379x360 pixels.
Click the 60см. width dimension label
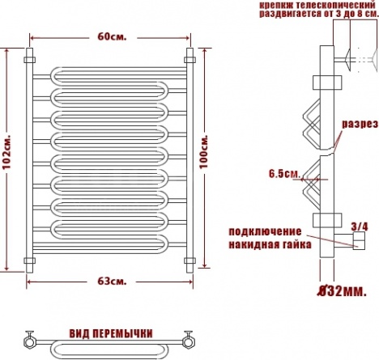(112, 36)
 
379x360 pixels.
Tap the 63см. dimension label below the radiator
(112, 282)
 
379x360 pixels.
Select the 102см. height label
(6, 152)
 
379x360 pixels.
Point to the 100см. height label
(204, 151)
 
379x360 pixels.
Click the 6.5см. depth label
(284, 174)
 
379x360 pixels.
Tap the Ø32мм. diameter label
(342, 291)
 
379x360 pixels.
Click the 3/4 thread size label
(360, 227)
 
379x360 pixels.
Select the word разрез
(360, 125)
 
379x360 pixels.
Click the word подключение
(265, 231)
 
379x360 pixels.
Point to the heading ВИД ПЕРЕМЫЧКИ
(111, 333)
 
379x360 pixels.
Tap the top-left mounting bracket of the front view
(29, 60)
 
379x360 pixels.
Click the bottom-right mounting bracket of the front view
(189, 260)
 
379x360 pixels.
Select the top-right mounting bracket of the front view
(189, 60)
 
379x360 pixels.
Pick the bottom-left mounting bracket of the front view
(29, 260)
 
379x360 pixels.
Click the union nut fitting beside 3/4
(359, 240)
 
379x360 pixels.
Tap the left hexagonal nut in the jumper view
(29, 342)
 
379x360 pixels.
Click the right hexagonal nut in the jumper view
(188, 342)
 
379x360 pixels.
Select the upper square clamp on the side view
(327, 83)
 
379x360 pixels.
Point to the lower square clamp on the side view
(327, 220)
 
